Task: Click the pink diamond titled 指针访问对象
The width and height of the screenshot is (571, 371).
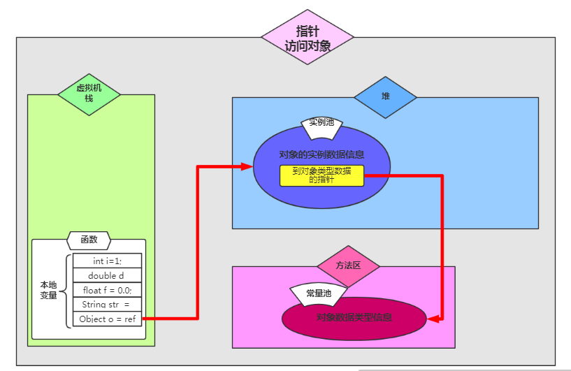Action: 308,38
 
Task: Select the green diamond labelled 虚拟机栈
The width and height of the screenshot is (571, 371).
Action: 89,94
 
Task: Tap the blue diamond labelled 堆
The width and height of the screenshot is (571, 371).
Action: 385,96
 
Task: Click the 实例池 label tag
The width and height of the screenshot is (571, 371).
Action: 321,124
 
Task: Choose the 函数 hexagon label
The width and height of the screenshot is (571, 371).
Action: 89,240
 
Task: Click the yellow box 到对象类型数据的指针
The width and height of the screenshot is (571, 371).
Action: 321,175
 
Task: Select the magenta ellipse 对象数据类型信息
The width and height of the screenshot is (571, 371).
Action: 354,318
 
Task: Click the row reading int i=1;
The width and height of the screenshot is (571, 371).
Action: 107,261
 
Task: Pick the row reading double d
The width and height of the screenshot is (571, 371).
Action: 107,275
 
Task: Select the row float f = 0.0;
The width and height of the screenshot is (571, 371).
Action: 107,290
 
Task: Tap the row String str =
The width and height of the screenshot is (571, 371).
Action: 107,305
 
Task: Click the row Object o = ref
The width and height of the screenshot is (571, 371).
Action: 107,319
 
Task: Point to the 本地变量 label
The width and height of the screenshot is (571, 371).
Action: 48,290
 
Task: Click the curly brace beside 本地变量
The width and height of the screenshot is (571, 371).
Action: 67,290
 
